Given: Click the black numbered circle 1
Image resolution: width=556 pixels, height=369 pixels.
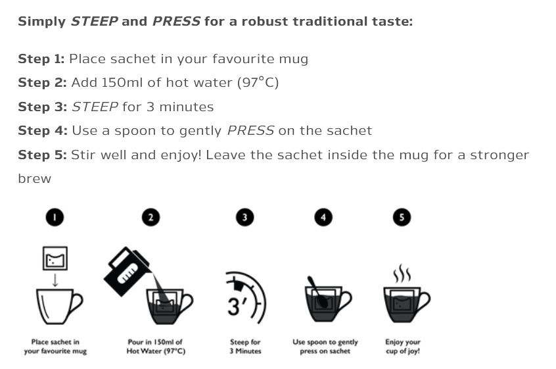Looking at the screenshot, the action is click(55, 217).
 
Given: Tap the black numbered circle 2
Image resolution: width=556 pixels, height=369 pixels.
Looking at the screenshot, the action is click(151, 217).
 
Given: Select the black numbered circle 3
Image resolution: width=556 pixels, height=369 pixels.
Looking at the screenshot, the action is click(244, 217).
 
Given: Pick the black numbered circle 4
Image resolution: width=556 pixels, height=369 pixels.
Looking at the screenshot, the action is click(323, 217).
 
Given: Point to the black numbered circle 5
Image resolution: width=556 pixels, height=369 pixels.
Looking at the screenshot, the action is click(402, 217).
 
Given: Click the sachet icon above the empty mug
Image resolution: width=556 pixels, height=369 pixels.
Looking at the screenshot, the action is click(55, 258).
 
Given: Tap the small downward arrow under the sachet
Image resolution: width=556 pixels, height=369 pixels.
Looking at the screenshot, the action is click(55, 280).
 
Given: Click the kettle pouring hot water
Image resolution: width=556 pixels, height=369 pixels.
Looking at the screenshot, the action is click(126, 272).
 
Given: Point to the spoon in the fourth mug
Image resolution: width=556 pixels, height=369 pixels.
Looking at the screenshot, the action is click(318, 291).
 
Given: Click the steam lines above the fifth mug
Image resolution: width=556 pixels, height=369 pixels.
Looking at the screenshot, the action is click(402, 273).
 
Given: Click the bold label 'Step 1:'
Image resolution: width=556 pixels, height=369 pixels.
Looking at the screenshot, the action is click(41, 59).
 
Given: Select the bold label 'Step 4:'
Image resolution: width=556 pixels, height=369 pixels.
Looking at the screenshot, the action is click(43, 131).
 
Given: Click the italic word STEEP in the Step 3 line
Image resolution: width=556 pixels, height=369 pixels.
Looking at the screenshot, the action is click(95, 107).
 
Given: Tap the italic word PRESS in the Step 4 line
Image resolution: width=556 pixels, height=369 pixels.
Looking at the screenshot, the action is click(250, 131).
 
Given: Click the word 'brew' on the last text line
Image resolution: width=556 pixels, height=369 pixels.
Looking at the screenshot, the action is click(34, 178).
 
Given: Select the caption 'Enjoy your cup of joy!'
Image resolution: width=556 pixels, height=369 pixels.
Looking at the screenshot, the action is click(403, 347).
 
